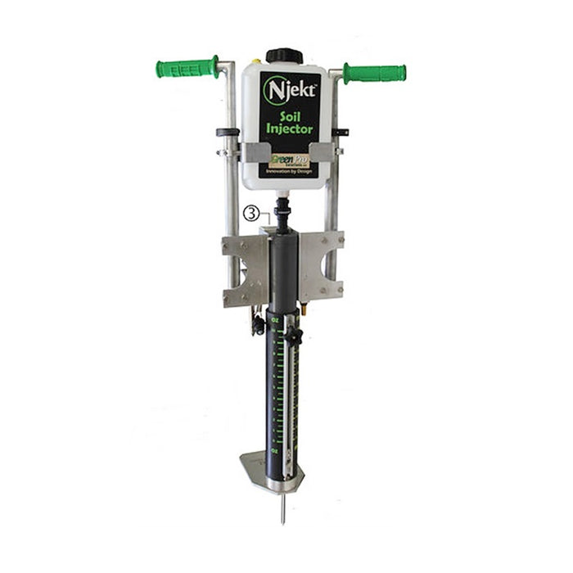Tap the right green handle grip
pyautogui.click(x=374, y=73)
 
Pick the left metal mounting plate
pyautogui.click(x=244, y=269)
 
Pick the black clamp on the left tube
pyautogui.click(x=227, y=132)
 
